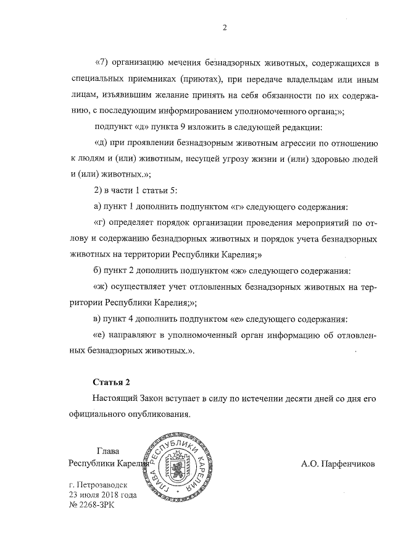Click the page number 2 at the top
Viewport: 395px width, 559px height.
225,27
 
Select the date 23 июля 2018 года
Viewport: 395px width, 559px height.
103,495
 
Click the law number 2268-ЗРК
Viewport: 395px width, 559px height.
93,505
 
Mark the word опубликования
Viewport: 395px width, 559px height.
157,414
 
